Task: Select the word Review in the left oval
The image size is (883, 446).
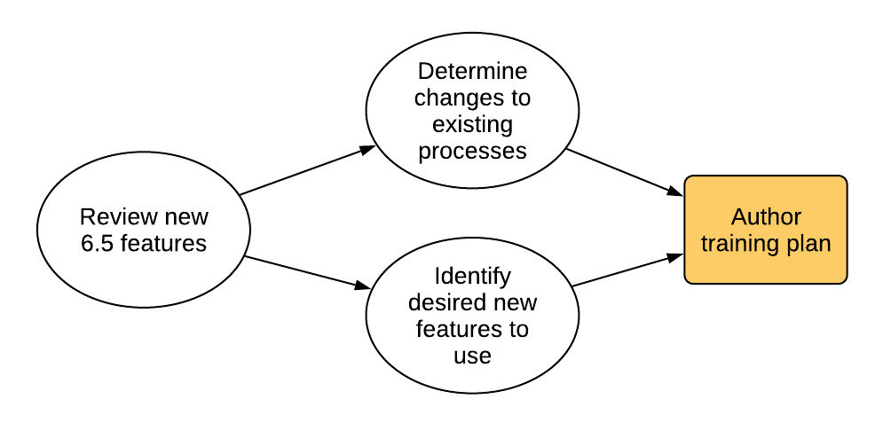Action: (x=110, y=217)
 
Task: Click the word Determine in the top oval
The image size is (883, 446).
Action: (x=472, y=72)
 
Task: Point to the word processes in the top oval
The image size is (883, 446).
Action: (x=472, y=152)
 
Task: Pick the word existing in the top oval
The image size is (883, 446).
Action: (x=472, y=125)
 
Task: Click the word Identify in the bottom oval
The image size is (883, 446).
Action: (x=472, y=277)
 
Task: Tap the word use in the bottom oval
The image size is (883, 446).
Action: (x=472, y=356)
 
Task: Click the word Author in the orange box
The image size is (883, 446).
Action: (x=766, y=217)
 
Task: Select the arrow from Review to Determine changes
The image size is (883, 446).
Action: (x=307, y=171)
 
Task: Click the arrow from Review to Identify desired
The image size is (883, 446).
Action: (x=307, y=272)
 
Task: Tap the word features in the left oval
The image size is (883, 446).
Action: (x=163, y=244)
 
